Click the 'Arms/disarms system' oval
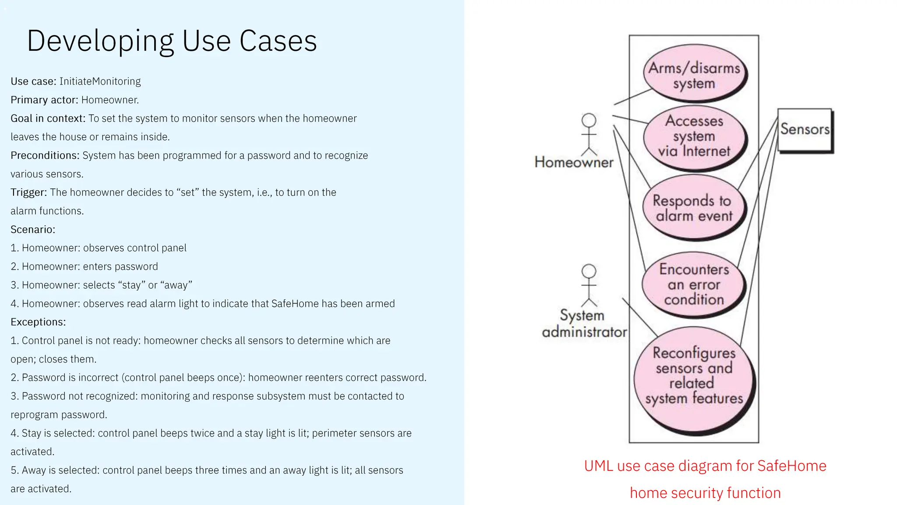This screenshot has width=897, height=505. coord(694,75)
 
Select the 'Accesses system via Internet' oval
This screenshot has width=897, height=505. coord(694,136)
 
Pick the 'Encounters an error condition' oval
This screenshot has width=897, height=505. coord(694,284)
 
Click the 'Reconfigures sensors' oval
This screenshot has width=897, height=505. coord(694,376)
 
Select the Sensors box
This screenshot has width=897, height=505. coord(805,130)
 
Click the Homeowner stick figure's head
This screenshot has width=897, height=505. coord(589,120)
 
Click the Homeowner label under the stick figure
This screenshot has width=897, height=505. coord(574,163)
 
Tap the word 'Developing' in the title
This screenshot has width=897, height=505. coord(100,41)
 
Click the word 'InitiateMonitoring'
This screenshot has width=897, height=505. coord(100,82)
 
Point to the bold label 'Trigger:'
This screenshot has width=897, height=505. coord(28,192)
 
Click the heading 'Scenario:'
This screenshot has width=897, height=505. coord(33,230)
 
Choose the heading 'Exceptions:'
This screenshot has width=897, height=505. coord(38,322)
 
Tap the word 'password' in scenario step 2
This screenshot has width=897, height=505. coord(136,267)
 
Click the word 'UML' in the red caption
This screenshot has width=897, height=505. coord(598,466)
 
